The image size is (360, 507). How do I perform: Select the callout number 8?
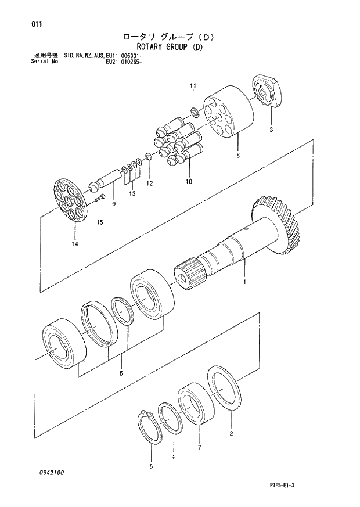[x=237, y=156]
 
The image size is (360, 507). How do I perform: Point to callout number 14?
[x=74, y=244]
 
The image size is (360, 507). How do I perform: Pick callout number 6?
[x=121, y=373]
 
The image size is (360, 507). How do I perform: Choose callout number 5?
[x=151, y=466]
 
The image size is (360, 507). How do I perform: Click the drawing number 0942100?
[x=52, y=473]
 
